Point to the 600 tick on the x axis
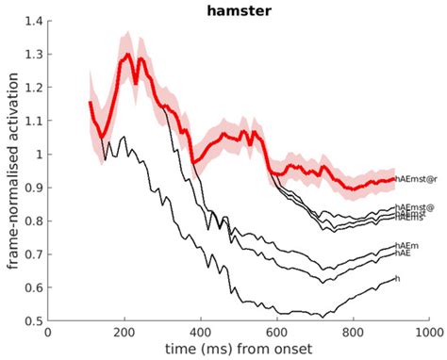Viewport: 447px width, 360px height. [x=277, y=333]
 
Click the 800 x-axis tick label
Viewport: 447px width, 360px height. [x=354, y=333]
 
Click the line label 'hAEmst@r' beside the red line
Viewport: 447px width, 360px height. [x=418, y=178]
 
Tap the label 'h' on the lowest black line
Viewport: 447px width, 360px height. [x=398, y=278]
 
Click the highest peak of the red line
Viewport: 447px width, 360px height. [x=126, y=55]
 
